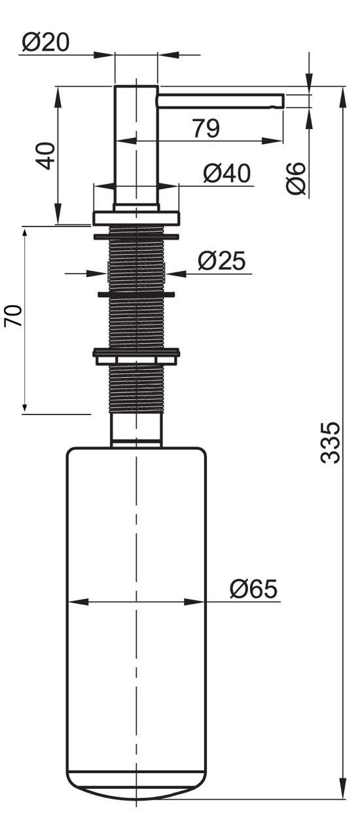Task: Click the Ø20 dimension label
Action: point(46,42)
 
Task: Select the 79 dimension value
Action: point(206,128)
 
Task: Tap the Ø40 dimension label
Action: point(226,173)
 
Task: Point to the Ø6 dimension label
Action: point(296,179)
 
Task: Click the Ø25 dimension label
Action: point(221,261)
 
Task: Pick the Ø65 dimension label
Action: point(253,589)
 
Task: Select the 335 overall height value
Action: point(330,443)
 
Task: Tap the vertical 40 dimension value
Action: point(46,156)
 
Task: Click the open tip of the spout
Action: point(283,101)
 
